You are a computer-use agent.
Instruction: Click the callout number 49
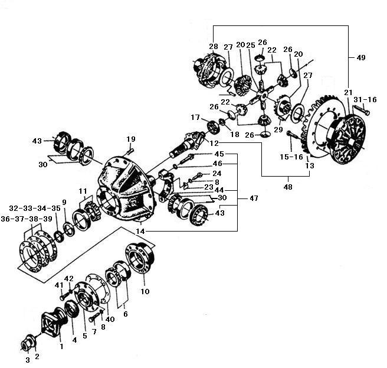[361, 58]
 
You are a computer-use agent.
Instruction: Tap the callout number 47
[254, 199]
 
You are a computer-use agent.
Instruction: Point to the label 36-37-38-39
[35, 219]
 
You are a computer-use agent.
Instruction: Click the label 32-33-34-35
[35, 209]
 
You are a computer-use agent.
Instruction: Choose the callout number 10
[145, 292]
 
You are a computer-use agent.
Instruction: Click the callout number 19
[130, 139]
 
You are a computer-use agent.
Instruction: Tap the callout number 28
[213, 47]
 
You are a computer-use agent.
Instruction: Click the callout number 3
[27, 360]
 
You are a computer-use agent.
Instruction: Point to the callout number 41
[59, 285]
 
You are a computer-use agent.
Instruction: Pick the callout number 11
[83, 190]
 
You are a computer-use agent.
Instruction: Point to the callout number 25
[250, 45]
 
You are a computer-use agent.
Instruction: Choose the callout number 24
[217, 174]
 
